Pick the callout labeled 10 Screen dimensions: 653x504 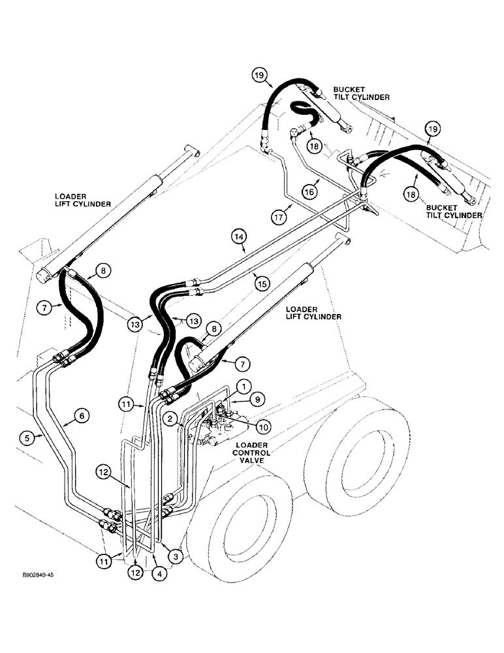tap(262, 426)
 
